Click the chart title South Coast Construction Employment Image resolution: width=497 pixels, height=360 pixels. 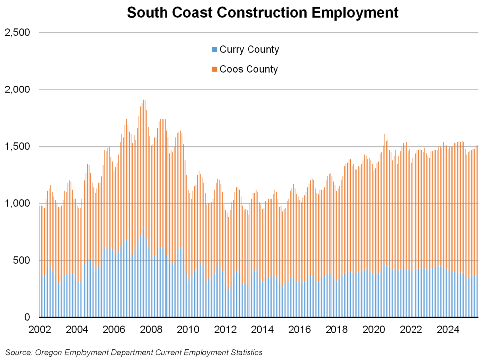point(262,12)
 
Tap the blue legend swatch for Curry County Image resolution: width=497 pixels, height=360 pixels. point(214,50)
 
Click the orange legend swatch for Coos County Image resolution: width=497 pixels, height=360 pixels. point(214,69)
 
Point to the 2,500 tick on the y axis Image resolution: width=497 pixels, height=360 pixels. point(17,33)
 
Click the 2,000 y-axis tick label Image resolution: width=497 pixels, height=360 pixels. point(17,90)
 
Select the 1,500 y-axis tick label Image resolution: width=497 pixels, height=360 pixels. point(17,147)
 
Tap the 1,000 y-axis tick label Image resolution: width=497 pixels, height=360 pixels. point(17,204)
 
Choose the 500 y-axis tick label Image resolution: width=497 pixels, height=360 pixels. point(21,261)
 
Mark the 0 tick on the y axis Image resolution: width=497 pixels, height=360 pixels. point(27,317)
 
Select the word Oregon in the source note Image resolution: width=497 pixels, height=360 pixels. point(50,352)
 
